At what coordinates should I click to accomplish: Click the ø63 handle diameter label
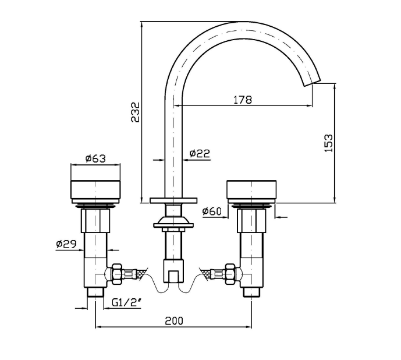tap(95, 158)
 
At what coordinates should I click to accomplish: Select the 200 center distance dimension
tap(173, 320)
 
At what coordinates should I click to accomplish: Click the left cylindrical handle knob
tap(97, 190)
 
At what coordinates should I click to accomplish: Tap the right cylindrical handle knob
tap(252, 190)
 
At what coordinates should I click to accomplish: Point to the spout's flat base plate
tap(173, 200)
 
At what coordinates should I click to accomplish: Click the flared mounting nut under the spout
tap(173, 222)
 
